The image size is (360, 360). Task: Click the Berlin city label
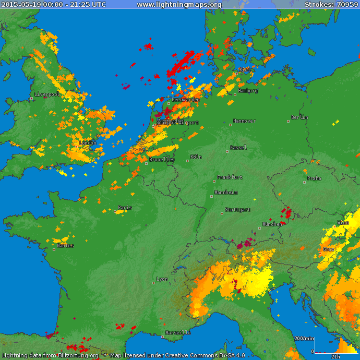pos(299,117)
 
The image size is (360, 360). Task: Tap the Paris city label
pos(125,208)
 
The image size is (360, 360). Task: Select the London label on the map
pos(88,143)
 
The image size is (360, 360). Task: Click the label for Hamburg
pos(248,91)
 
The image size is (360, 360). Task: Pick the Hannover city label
pos(244,121)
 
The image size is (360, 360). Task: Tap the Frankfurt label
pos(230,177)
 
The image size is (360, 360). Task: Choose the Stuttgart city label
pos(237,210)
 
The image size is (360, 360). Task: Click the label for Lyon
pos(162,279)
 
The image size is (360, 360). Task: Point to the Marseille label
pos(178,333)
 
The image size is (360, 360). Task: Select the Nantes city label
pos(65,246)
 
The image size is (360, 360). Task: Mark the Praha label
pos(314,178)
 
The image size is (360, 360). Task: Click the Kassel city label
pos(238,148)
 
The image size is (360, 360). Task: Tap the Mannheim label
pos(226,193)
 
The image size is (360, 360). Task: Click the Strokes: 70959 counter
pos(331,5)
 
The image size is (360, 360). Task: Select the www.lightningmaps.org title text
pos(179,5)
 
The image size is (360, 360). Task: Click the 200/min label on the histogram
pos(305,339)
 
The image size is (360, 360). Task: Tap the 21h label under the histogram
pos(336,356)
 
